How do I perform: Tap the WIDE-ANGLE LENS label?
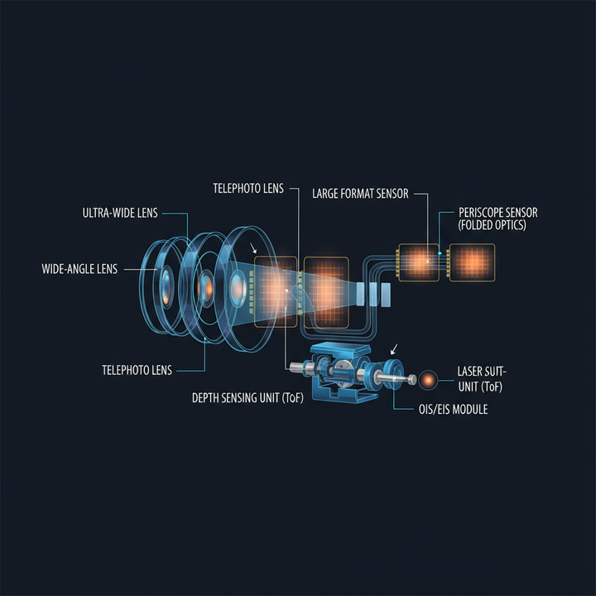click(x=79, y=269)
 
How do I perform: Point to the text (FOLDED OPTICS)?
click(x=491, y=225)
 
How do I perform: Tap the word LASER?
click(x=474, y=372)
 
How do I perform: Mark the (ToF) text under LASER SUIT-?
click(x=488, y=387)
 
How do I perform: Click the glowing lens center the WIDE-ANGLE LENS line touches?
click(x=166, y=286)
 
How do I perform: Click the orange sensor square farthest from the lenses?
click(x=471, y=262)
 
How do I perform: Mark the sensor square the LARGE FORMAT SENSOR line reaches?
click(x=423, y=262)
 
